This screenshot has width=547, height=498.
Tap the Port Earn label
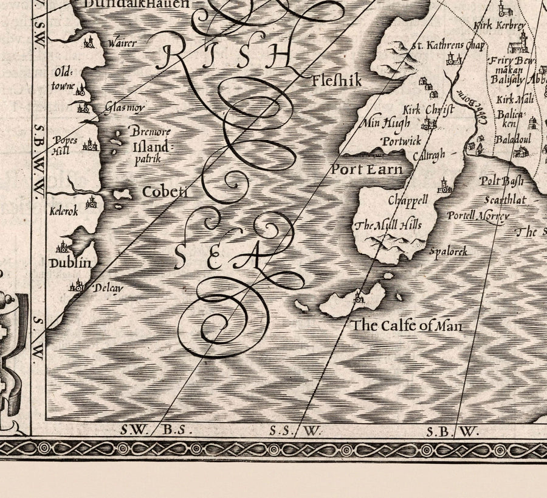click(x=366, y=169)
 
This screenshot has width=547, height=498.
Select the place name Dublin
click(x=71, y=263)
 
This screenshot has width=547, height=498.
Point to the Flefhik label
click(x=336, y=80)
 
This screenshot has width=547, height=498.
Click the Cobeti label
click(x=164, y=192)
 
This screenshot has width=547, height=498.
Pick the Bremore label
click(x=150, y=132)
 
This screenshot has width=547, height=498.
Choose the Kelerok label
click(x=64, y=212)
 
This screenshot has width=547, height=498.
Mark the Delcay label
click(x=108, y=288)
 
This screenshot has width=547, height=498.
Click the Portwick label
click(x=402, y=141)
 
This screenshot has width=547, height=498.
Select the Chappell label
click(x=408, y=200)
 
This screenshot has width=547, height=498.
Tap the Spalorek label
click(x=448, y=251)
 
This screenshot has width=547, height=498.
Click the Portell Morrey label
click(x=476, y=216)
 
